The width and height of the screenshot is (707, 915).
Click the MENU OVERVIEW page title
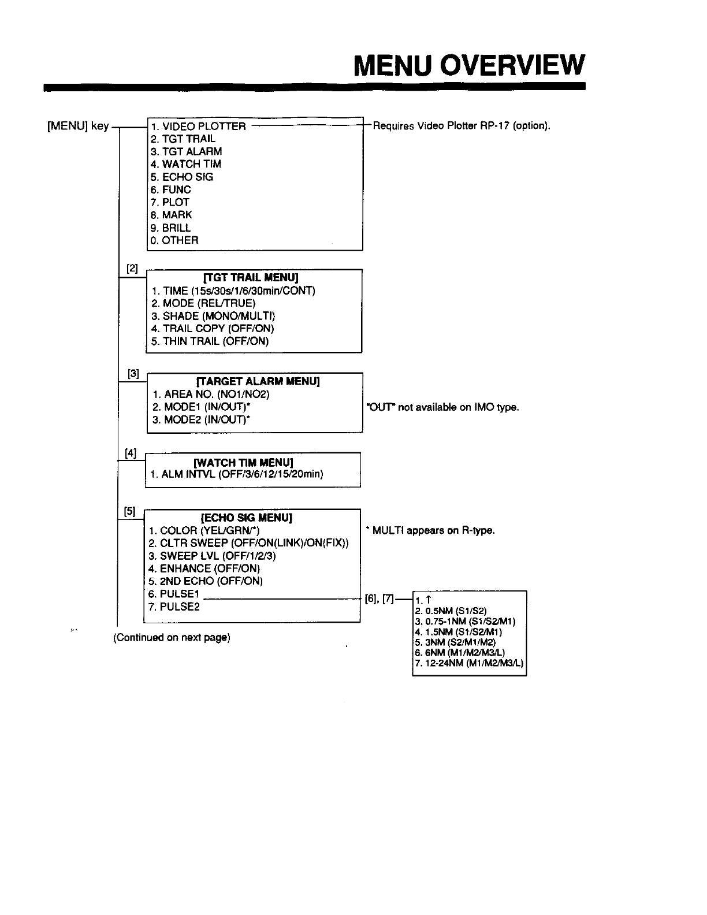pos(470,65)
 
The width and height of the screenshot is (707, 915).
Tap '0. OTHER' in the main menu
pos(174,240)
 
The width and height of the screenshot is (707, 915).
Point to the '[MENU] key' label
pos(78,126)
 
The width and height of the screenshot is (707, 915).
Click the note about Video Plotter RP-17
pos(460,126)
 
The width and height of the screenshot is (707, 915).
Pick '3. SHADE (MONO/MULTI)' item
pos(213,316)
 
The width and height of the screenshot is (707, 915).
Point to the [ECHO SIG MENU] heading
pos(247,517)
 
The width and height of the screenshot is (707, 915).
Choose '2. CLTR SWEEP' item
pos(248,543)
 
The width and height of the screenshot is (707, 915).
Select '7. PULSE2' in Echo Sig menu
pos(174,607)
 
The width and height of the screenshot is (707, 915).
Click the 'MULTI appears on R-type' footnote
pos(430,530)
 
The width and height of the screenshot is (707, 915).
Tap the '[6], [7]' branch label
pos(379,599)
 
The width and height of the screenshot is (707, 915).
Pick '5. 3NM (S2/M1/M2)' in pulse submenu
pos(455,642)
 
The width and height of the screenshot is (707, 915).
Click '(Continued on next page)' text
pos(172,638)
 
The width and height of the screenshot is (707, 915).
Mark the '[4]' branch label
pos(131,453)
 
